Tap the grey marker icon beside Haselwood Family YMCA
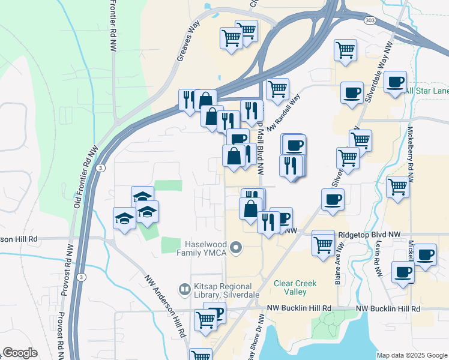pos(236,247)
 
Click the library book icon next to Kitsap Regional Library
pos(184,289)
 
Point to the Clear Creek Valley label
pos(290,287)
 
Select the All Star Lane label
pos(426,91)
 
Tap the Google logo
pos(20,353)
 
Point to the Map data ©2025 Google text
pos(411,355)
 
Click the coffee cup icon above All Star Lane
pos(395,82)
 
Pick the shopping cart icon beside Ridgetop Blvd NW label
pos(324,244)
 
